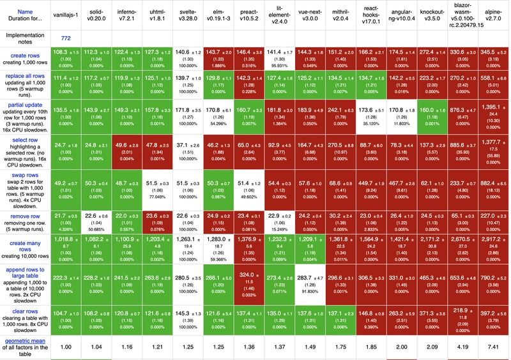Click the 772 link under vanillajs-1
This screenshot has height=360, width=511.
66,39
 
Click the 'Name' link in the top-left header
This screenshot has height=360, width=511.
25,11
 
